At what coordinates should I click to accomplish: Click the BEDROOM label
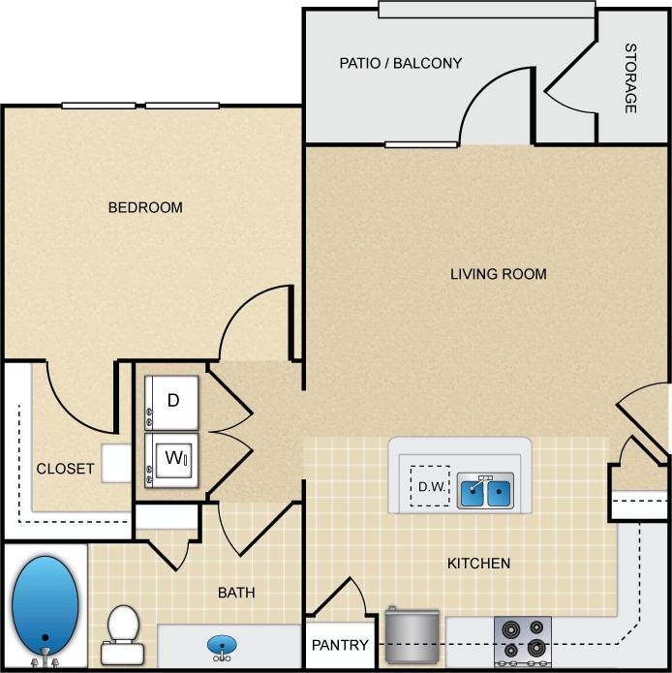tap(145, 207)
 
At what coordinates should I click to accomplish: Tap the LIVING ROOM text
tap(498, 274)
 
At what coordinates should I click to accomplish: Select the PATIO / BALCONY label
tap(400, 63)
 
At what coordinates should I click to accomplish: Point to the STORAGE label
tap(629, 78)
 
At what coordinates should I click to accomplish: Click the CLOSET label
tap(65, 469)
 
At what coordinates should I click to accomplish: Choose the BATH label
tap(236, 592)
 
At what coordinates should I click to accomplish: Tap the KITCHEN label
tap(478, 563)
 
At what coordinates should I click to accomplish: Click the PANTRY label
tap(340, 646)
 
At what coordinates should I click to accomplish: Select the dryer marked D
tap(171, 401)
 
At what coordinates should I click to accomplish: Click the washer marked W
tap(171, 458)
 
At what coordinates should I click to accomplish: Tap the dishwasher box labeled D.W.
tap(430, 488)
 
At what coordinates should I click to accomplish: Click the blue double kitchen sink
tap(485, 492)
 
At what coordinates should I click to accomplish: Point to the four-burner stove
tap(522, 640)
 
